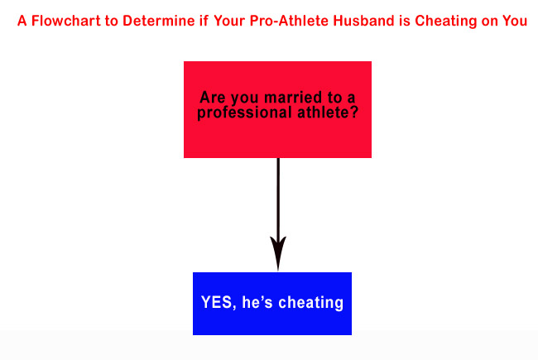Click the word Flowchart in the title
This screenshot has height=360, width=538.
[x=62, y=22]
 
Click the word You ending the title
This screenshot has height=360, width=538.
[x=513, y=22]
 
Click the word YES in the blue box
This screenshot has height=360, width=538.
[x=217, y=303]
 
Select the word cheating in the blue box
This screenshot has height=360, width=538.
[x=311, y=303]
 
